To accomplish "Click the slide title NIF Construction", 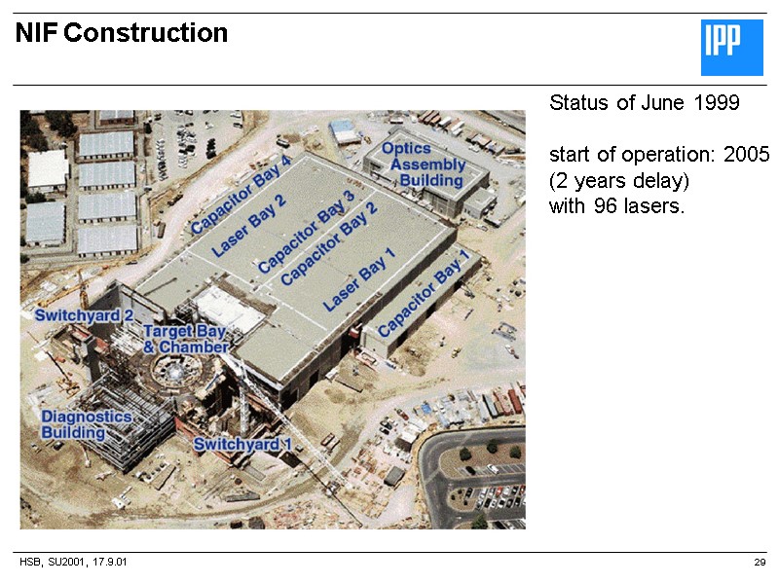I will (x=122, y=34).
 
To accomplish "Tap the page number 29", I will (x=760, y=564).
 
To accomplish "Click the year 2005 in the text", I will (x=748, y=155).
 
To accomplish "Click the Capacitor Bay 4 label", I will (x=241, y=194).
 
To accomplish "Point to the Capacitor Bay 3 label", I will (x=306, y=237).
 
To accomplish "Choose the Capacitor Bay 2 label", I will (x=329, y=251).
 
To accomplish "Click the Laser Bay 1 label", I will (x=359, y=279).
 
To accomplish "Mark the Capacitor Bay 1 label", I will (x=423, y=294).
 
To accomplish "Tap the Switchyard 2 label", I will (x=84, y=315).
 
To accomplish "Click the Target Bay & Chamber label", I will (x=185, y=340).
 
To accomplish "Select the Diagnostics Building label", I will (x=87, y=423).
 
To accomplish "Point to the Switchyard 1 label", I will (x=242, y=445).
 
